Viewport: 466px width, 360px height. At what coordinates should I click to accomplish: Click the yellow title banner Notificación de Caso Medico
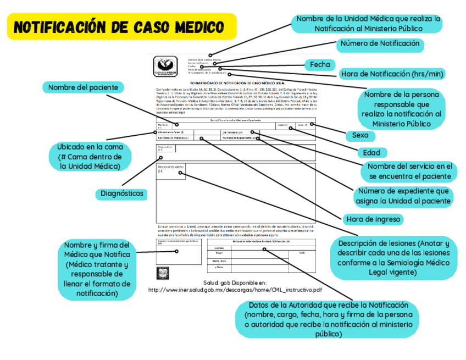click(120, 27)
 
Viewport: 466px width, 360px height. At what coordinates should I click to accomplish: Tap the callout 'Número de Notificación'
click(380, 44)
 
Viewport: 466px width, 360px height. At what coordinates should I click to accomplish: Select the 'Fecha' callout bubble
click(320, 65)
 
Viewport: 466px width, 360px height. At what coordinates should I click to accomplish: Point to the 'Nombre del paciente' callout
click(83, 87)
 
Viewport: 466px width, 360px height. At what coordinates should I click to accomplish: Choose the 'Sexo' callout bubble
click(360, 135)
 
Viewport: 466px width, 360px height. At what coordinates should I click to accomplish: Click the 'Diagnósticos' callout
click(122, 193)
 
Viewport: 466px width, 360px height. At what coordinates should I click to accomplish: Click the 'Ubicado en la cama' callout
click(94, 157)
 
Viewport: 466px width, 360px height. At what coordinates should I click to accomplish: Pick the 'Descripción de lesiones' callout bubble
click(393, 258)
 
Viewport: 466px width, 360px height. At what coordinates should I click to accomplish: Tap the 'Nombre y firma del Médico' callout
click(97, 269)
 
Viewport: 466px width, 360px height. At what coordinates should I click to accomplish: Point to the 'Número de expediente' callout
click(404, 196)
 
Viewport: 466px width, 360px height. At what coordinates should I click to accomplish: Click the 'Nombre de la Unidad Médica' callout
click(368, 23)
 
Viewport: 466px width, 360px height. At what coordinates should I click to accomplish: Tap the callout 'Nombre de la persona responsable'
click(403, 109)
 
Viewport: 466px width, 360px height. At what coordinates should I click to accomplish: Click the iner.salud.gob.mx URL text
click(235, 290)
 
